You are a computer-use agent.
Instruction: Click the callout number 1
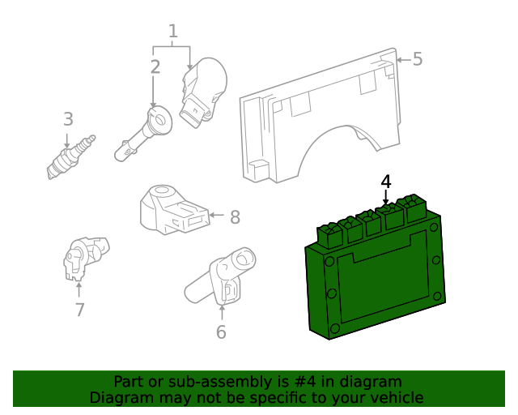172,32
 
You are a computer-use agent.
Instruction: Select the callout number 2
155,67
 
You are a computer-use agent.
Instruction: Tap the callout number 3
68,120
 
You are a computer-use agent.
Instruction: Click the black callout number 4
386,182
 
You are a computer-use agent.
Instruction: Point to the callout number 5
418,59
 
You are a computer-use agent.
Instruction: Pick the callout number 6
221,332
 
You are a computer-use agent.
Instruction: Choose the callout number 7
79,309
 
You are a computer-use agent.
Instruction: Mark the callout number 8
235,216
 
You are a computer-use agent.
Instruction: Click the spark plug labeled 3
71,156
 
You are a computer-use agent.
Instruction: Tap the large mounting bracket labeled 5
324,122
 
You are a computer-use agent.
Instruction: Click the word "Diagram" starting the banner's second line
119,398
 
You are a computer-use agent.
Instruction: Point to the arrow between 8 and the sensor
215,216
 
